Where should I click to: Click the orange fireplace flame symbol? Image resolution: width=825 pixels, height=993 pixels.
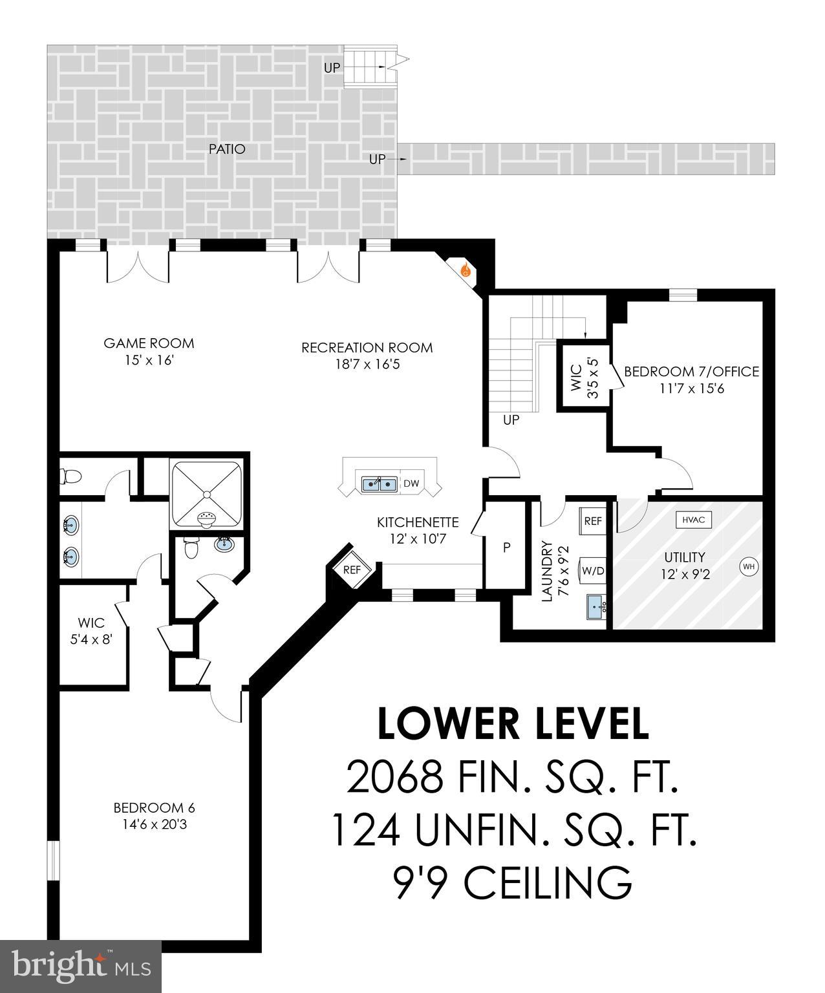coord(465,271)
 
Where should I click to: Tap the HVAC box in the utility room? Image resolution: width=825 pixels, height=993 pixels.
coord(694,519)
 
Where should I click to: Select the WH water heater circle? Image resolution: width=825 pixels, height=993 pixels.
coord(749,567)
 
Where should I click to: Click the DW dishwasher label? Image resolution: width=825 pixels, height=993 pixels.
coord(411,484)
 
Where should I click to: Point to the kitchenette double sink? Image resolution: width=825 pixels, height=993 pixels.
coord(380,484)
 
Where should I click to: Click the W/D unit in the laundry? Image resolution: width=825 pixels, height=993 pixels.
coord(593,570)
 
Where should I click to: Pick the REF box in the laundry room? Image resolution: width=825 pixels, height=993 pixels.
coord(593,521)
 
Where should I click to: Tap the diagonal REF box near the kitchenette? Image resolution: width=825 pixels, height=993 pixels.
coord(352,570)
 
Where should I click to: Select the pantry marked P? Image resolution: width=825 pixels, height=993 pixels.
coord(507,548)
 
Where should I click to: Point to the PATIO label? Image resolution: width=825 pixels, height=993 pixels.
coord(227,149)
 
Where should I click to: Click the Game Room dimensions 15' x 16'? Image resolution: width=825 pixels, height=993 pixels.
coord(149,360)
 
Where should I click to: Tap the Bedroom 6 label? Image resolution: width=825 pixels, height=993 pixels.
coord(154,807)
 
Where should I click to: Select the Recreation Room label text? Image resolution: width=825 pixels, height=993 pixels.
coord(367,348)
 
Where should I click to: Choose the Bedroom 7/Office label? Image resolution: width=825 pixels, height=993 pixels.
coord(691,372)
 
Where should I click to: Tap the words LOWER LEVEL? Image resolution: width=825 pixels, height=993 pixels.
coord(513,723)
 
